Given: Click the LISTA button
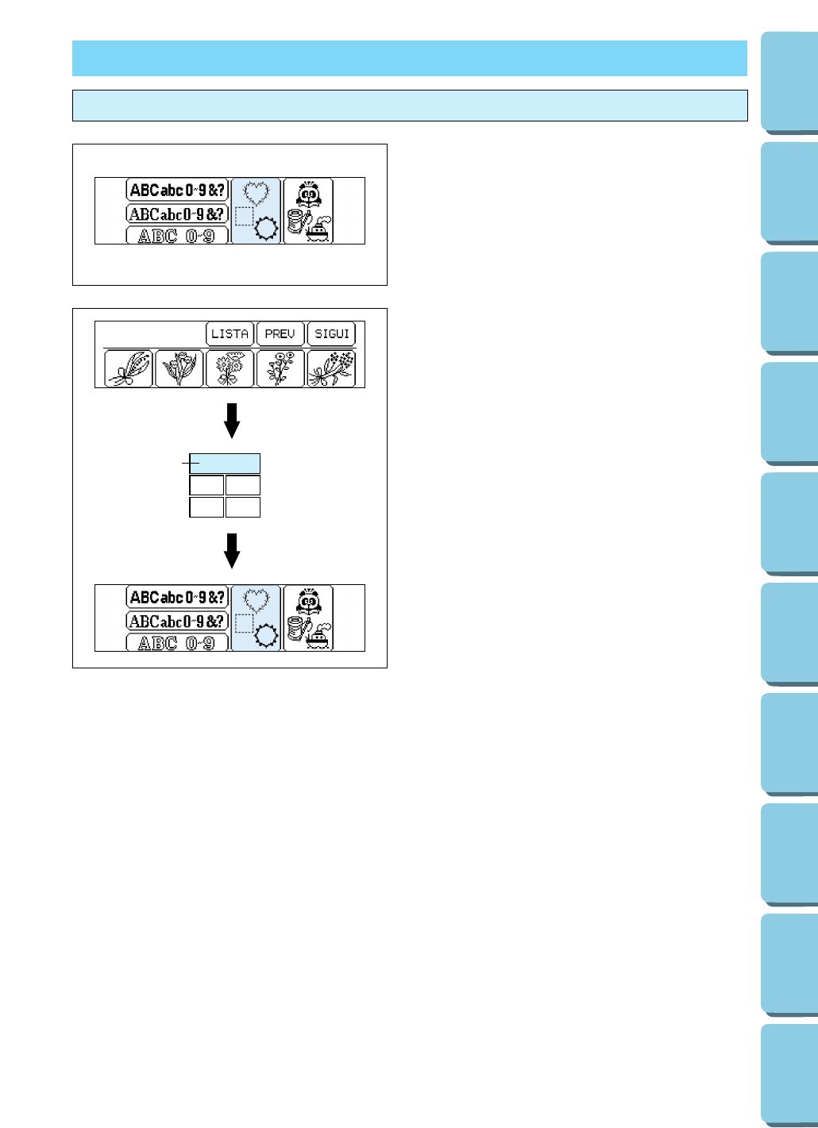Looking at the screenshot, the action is tap(230, 334).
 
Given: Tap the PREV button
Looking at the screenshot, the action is tap(280, 334).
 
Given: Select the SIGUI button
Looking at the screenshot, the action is tap(331, 334).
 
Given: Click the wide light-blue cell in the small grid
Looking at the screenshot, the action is tap(225, 464).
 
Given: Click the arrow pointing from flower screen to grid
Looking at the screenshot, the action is tap(232, 421).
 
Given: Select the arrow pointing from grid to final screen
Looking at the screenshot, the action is tap(232, 550).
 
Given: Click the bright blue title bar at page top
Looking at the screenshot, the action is tap(409, 58).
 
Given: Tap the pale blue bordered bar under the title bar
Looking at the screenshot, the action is tap(409, 106).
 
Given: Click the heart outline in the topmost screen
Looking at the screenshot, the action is tap(256, 193).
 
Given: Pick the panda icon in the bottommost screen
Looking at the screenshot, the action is tap(309, 601).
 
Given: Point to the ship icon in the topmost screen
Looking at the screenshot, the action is tap(318, 230).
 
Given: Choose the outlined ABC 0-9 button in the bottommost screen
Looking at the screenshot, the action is tap(176, 643).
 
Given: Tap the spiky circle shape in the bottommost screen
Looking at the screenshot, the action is tap(265, 635).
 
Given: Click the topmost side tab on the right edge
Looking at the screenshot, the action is tap(789, 82).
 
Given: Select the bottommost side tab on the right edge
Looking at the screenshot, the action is tap(789, 1073).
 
